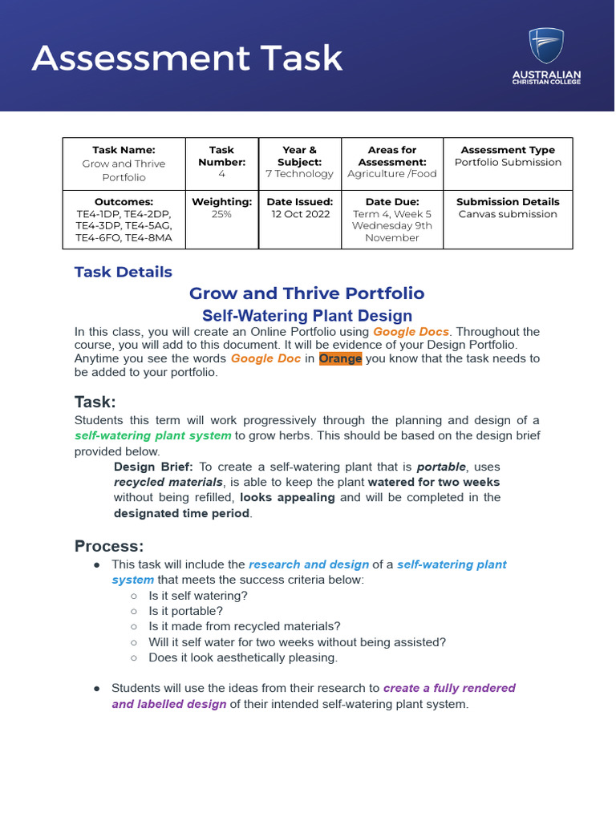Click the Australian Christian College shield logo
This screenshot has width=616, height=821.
click(545, 45)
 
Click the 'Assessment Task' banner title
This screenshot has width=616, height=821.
click(187, 58)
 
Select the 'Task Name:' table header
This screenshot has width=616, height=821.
click(124, 150)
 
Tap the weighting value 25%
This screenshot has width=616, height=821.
click(221, 214)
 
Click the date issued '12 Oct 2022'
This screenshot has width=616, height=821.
click(299, 214)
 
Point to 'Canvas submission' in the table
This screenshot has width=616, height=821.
click(508, 214)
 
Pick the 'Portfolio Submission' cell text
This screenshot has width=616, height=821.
click(508, 162)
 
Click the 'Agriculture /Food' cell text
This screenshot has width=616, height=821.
click(392, 174)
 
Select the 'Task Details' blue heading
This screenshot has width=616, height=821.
click(123, 272)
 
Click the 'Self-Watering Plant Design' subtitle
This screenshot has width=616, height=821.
click(307, 316)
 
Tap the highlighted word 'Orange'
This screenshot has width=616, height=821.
click(340, 358)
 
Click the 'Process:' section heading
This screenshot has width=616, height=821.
click(109, 547)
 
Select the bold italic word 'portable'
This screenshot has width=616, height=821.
click(440, 467)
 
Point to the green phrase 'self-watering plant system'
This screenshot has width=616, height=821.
click(153, 435)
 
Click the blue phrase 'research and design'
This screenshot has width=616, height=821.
click(309, 564)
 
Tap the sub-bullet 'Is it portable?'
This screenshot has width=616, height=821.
click(186, 611)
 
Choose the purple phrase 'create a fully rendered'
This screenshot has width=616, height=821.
click(449, 688)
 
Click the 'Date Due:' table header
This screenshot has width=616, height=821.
click(392, 202)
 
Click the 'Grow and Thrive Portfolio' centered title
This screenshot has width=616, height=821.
click(306, 293)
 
